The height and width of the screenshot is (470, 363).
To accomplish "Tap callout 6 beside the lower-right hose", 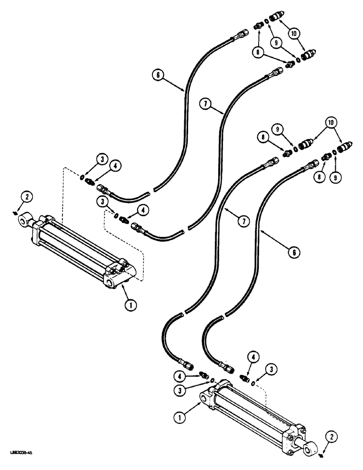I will click(294, 252).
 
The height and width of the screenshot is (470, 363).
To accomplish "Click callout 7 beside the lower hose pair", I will click(243, 222).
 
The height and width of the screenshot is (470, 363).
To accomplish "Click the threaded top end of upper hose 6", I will click(244, 33).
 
